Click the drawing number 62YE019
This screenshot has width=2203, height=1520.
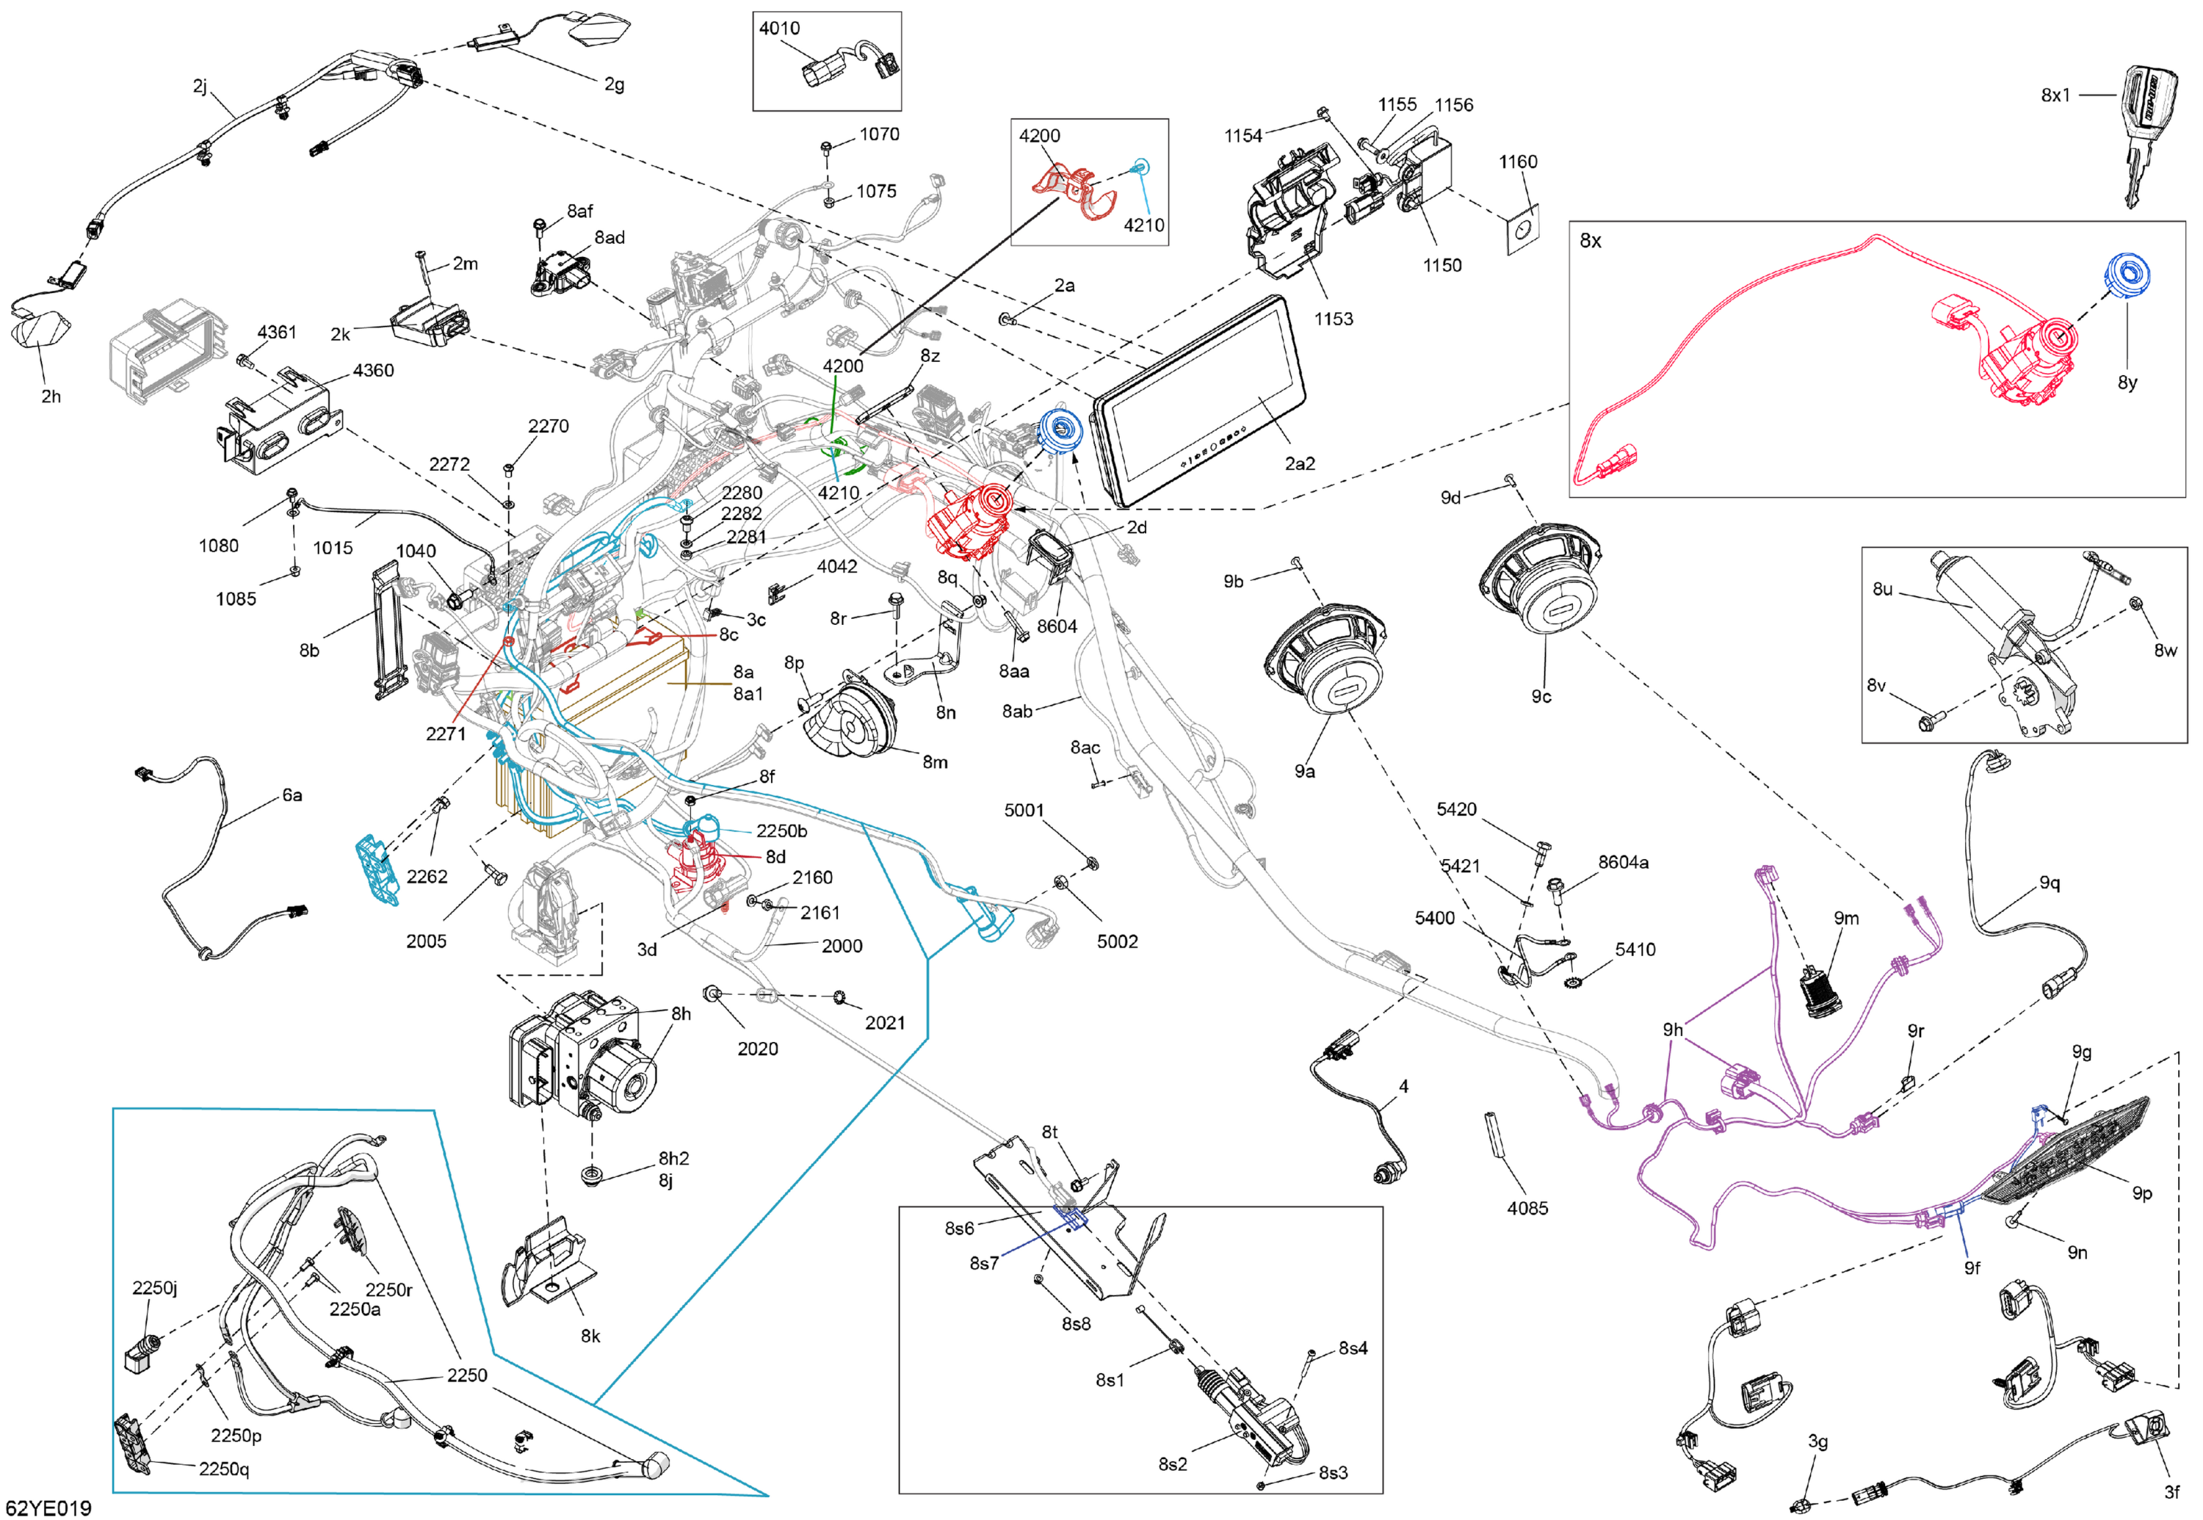point(48,1508)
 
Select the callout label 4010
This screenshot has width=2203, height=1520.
point(779,29)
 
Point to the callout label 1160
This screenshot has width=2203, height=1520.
point(1517,162)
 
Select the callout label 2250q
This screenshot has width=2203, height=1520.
point(224,1469)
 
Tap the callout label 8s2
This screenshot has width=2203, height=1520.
point(1173,1463)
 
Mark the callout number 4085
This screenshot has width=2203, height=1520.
point(1527,1208)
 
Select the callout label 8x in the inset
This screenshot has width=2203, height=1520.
point(1590,241)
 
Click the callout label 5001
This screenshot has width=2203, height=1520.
point(1024,811)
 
